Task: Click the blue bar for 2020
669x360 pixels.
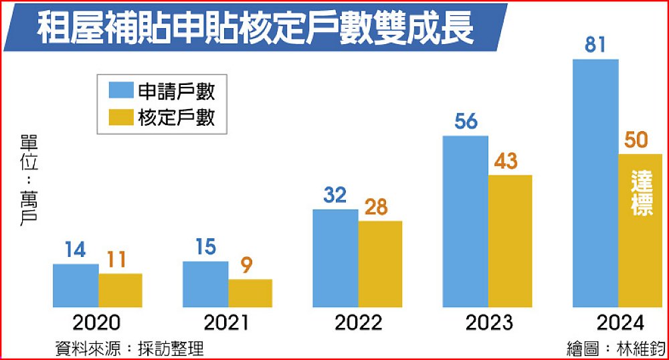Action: coord(76,286)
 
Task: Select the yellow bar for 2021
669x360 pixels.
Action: coord(250,293)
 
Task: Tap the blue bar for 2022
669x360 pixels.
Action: coord(335,258)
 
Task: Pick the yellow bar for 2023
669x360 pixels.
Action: coord(510,241)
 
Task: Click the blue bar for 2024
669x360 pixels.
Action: coord(595,183)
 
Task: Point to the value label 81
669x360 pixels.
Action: coord(595,46)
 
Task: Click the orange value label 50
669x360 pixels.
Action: coord(639,141)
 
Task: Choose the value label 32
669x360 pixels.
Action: coord(334,195)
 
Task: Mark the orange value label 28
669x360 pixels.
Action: coord(379,207)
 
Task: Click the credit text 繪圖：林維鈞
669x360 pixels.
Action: coord(615,349)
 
